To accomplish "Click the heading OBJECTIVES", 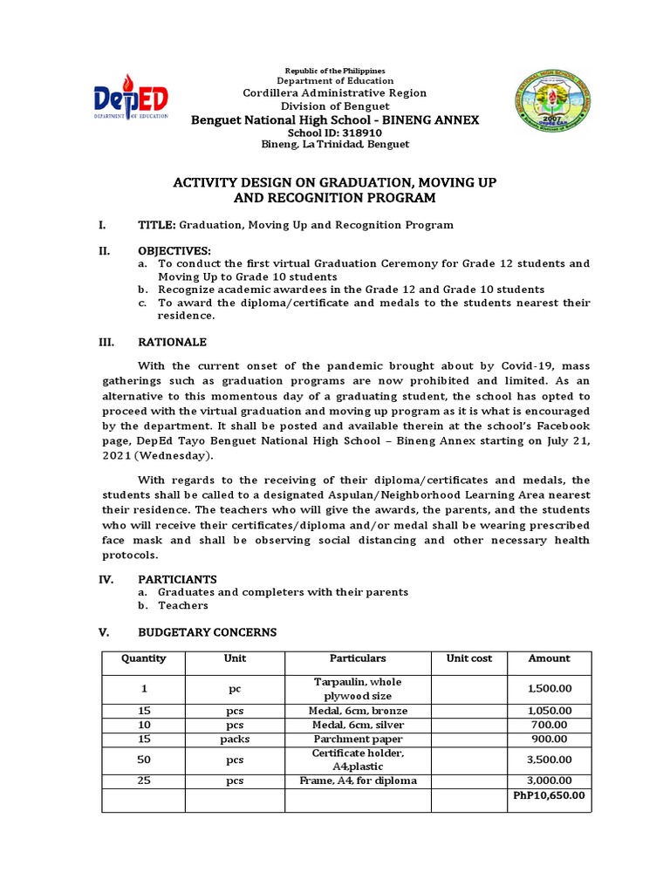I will point(174,251).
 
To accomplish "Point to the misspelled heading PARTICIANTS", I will point(177,579).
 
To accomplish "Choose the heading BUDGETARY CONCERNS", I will point(207,632).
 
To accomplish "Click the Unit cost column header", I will point(469,658).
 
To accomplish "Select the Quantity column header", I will point(143,658).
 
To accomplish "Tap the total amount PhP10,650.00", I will point(549,794).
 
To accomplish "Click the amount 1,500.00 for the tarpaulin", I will point(549,689).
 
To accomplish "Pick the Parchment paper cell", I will point(357,739).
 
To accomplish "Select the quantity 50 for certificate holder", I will point(143,760).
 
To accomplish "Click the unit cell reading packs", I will point(235,739).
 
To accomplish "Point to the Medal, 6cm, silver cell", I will point(357,725).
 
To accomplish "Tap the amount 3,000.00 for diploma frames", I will point(549,781).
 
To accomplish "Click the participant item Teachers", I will point(182,605).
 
